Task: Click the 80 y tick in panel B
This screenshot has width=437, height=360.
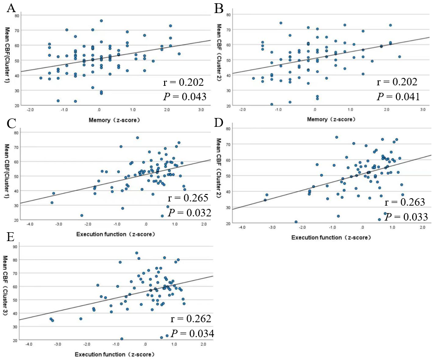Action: pyautogui.click(x=229, y=14)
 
